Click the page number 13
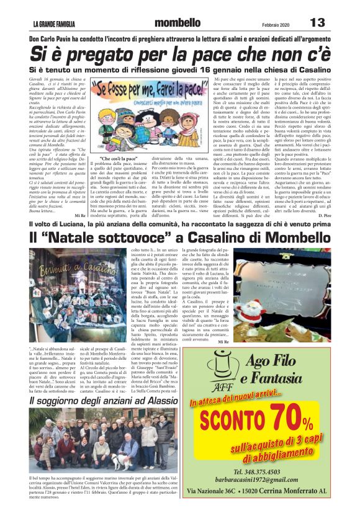click(317, 23)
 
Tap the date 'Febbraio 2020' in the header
click(276, 24)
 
